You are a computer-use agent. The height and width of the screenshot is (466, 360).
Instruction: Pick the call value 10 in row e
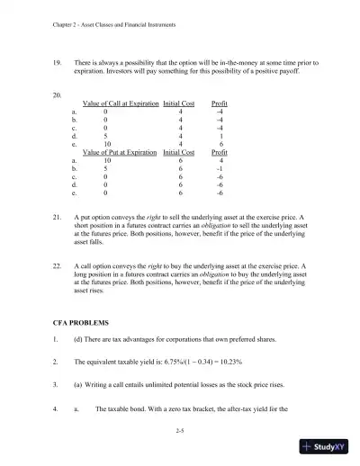pos(108,144)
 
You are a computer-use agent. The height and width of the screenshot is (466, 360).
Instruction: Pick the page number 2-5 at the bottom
pos(181,433)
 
